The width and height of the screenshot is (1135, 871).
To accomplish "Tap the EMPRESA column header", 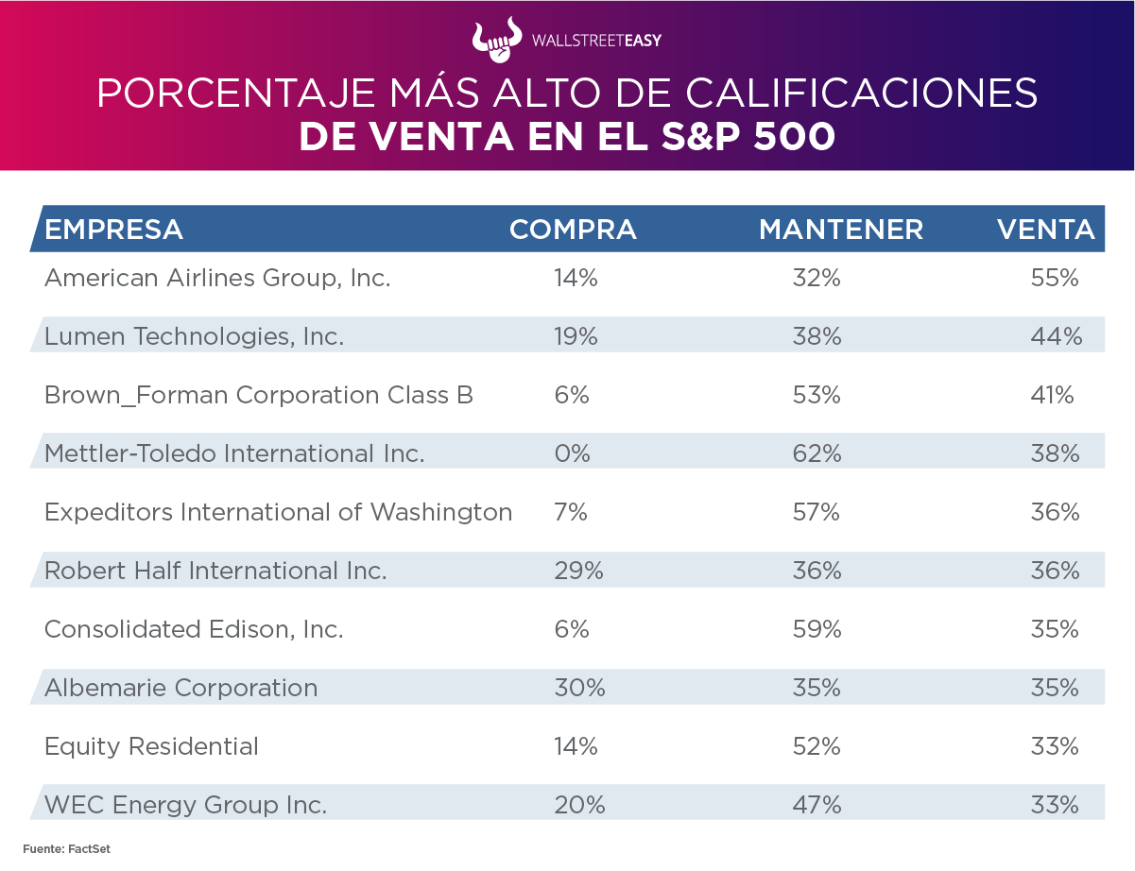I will click(x=114, y=230).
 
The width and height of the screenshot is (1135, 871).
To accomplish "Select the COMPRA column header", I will click(x=573, y=230).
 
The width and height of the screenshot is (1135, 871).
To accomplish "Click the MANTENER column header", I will click(x=841, y=230).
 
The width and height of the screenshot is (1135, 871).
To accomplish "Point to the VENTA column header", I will click(x=1047, y=230).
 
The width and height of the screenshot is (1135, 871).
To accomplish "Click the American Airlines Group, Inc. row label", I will click(x=217, y=278).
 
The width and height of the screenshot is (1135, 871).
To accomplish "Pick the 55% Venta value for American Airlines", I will click(x=1055, y=278).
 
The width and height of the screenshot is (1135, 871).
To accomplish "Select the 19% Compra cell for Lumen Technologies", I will click(x=576, y=336).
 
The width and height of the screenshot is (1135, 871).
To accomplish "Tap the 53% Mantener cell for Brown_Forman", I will click(x=817, y=395).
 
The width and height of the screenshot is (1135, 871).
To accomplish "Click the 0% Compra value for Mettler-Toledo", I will click(x=573, y=453).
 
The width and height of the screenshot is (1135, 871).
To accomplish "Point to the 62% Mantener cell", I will click(x=817, y=453).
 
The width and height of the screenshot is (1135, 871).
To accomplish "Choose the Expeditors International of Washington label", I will click(x=278, y=512).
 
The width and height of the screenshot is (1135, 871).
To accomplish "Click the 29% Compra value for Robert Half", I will click(x=578, y=571).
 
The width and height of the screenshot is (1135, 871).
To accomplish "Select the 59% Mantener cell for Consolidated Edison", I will click(x=817, y=629).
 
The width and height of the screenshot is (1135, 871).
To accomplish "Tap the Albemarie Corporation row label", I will click(x=181, y=688).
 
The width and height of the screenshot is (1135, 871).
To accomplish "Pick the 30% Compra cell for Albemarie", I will click(x=579, y=688).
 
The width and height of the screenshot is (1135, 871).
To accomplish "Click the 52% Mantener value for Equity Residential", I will click(x=817, y=746).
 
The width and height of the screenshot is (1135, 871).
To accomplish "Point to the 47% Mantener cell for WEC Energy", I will click(x=817, y=805).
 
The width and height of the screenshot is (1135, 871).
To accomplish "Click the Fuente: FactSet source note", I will click(x=67, y=849).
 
